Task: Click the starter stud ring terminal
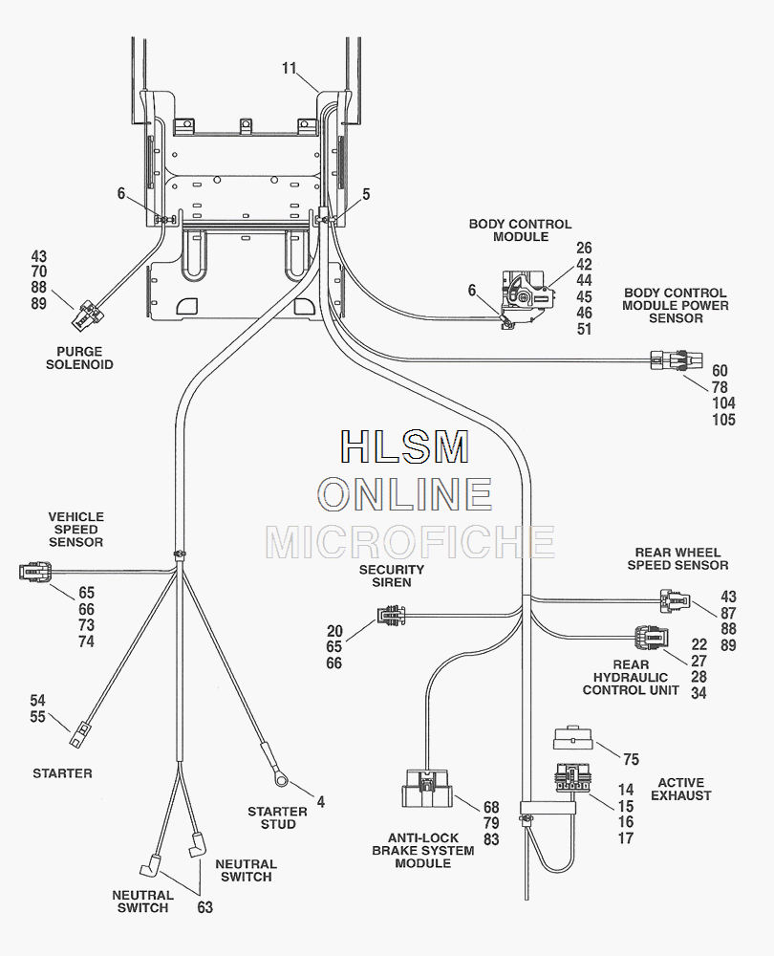[x=282, y=778]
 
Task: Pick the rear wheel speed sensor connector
[x=672, y=601]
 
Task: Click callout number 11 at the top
[x=290, y=68]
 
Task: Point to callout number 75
[x=631, y=760]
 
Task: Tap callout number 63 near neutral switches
[x=204, y=907]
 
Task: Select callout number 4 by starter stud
[x=321, y=802]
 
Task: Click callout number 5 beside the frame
[x=366, y=194]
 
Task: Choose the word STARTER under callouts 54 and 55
[x=62, y=772]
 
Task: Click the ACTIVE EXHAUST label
[x=681, y=789]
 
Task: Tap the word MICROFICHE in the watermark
[x=410, y=542]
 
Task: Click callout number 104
[x=723, y=403]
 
